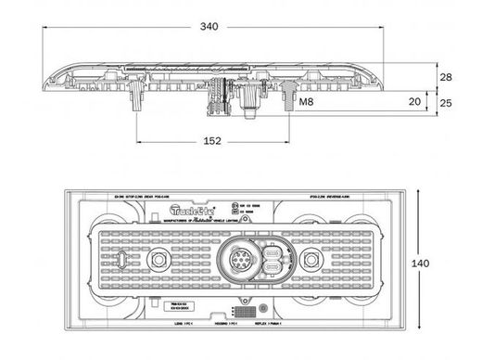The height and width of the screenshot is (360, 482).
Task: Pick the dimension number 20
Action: pos(414,100)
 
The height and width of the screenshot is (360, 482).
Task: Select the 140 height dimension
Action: pos(447,263)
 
